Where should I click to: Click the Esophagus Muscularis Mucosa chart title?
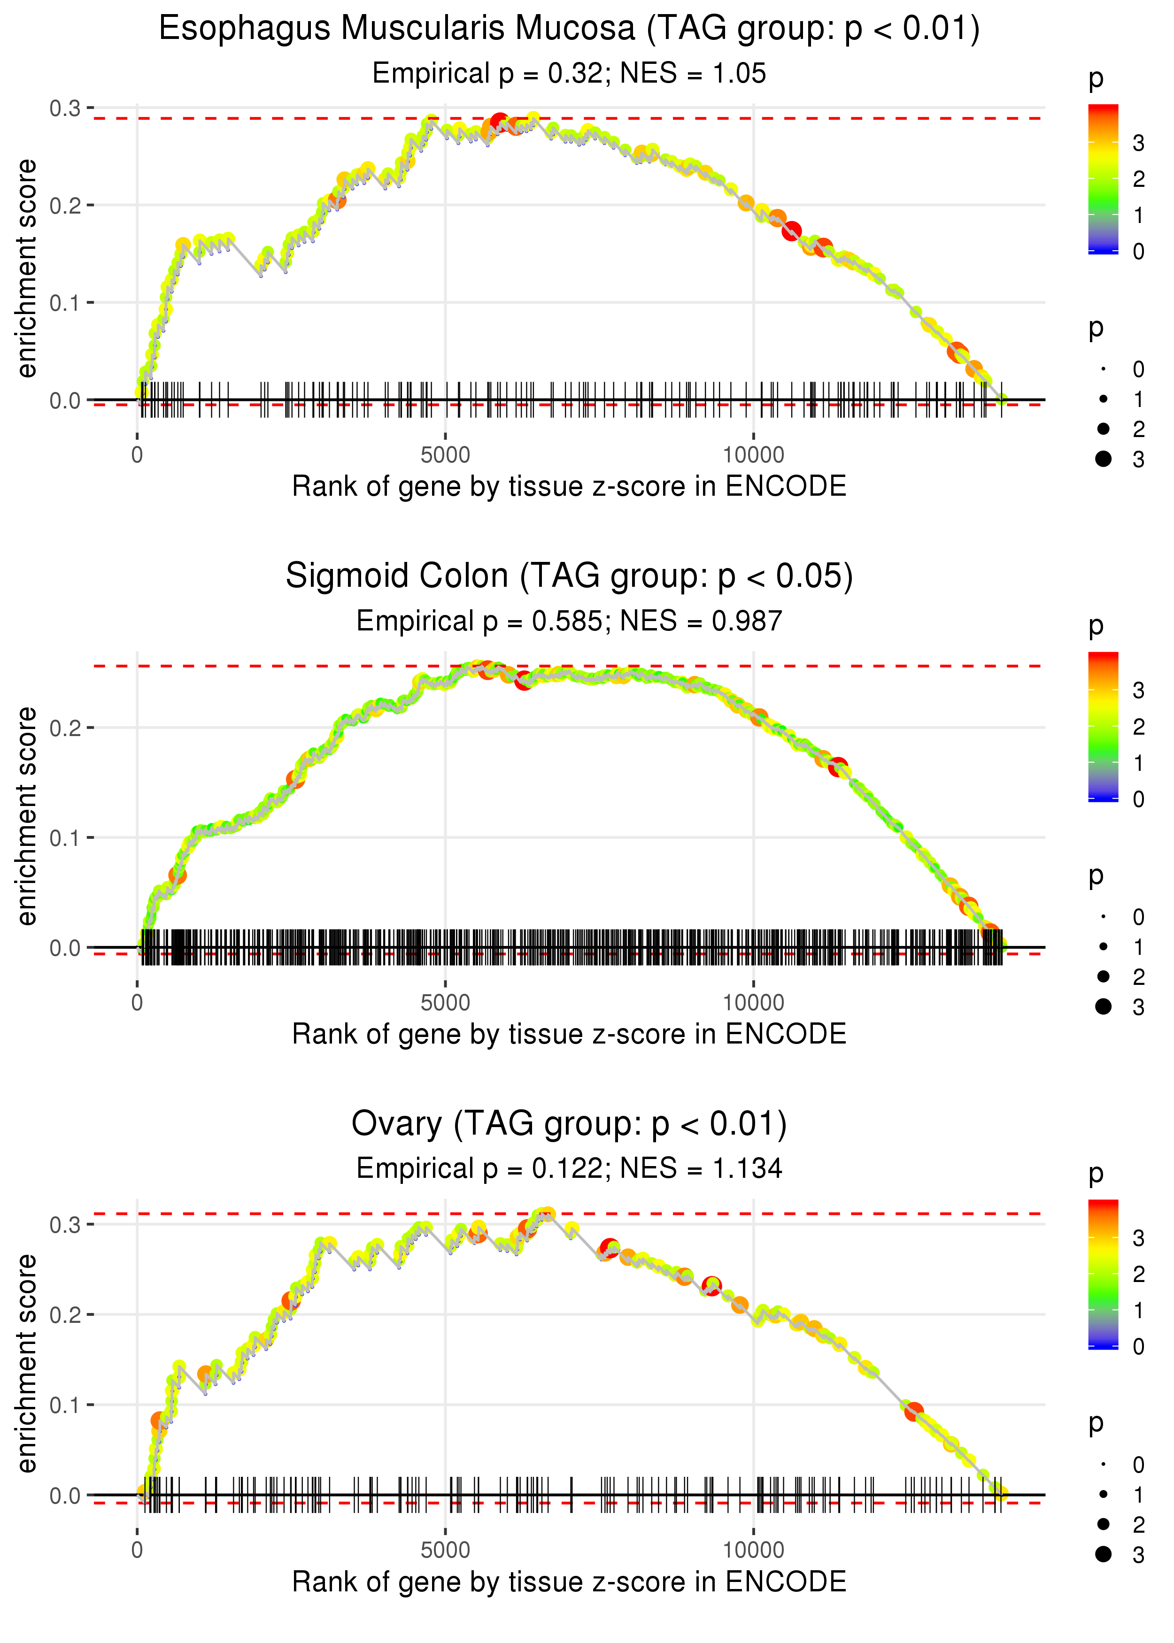tap(569, 29)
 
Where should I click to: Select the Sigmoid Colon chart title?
tap(569, 576)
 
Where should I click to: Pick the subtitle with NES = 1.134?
tap(569, 1169)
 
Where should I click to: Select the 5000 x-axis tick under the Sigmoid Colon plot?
tap(445, 1003)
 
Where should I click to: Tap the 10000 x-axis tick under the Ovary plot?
tap(753, 1551)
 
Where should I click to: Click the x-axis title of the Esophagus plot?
tap(569, 486)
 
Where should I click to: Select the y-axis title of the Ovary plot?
tap(27, 1363)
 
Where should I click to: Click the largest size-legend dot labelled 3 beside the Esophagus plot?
tap(1103, 459)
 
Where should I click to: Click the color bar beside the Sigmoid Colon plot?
tap(1103, 726)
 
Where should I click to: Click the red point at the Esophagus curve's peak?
tap(499, 122)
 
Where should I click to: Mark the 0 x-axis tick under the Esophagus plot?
tap(137, 455)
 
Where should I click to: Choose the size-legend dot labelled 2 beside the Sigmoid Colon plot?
tap(1103, 976)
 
